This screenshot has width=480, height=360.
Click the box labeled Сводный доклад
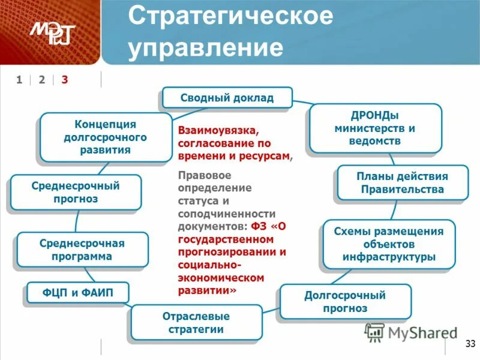pyautogui.click(x=227, y=98)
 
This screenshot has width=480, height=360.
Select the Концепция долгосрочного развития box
pyautogui.click(x=106, y=137)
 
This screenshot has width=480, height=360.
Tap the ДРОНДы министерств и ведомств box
pyautogui.click(x=375, y=128)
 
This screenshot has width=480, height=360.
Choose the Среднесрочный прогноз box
pyautogui.click(x=76, y=192)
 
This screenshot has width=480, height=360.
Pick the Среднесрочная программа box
pyautogui.click(x=82, y=250)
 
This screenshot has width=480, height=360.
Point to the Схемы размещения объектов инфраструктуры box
pyautogui.click(x=389, y=244)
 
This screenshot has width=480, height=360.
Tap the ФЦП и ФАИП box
pyautogui.click(x=77, y=293)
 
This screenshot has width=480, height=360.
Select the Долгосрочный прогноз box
pyautogui.click(x=345, y=302)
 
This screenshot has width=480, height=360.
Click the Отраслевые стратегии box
pyautogui.click(x=196, y=323)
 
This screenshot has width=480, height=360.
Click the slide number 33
pyautogui.click(x=469, y=344)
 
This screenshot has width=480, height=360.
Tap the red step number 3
pyautogui.click(x=65, y=80)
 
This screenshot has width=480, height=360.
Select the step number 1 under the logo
pyautogui.click(x=19, y=80)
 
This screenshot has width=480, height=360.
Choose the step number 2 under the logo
pyautogui.click(x=42, y=80)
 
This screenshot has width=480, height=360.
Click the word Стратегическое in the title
pyautogui.click(x=230, y=16)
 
